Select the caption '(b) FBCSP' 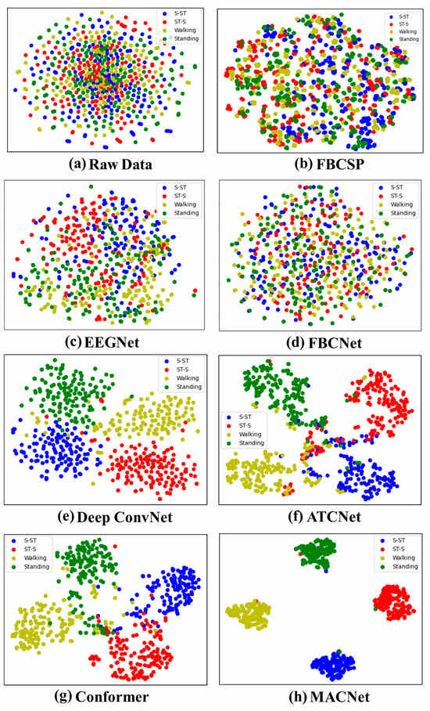click(x=321, y=164)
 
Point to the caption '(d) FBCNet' click(x=321, y=343)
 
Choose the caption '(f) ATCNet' click(x=321, y=516)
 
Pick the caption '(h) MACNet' click(x=321, y=696)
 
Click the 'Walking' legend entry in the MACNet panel click(x=403, y=558)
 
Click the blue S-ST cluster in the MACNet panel click(x=333, y=666)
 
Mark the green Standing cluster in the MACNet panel click(x=318, y=554)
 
